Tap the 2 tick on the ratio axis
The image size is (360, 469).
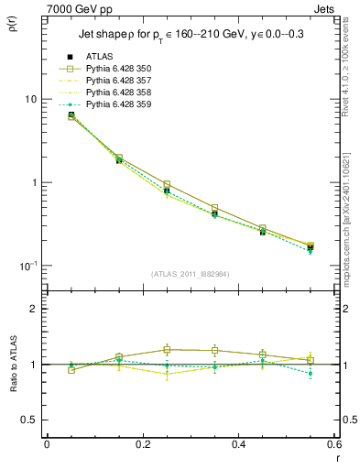click(33, 309)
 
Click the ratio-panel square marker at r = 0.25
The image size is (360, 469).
click(167, 349)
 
